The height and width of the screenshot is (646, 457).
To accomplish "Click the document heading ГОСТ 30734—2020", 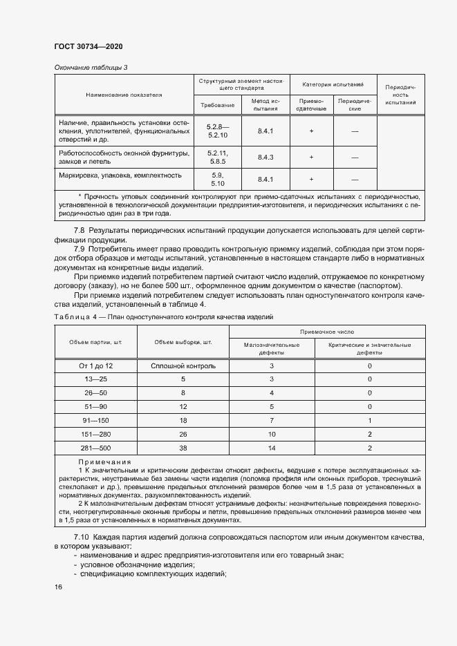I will (88, 46).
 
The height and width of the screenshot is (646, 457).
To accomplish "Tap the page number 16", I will (58, 587).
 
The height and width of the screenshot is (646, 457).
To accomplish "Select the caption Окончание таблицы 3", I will (91, 67).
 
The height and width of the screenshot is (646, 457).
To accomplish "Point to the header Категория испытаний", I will (333, 84).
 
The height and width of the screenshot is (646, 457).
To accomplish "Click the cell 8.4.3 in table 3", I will (265, 158).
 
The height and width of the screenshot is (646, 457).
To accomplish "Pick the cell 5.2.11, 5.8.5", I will (218, 157).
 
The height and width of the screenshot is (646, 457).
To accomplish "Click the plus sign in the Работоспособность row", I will (311, 158).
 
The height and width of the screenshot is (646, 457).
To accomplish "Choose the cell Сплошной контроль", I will (183, 365).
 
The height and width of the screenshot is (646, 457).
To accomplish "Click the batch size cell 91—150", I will (96, 420).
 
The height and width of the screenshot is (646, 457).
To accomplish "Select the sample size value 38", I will (183, 447).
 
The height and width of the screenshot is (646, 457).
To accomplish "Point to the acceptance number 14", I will (272, 447).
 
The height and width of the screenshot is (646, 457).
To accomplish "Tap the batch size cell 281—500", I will (96, 447).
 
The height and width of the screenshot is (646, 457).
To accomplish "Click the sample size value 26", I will (183, 434).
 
